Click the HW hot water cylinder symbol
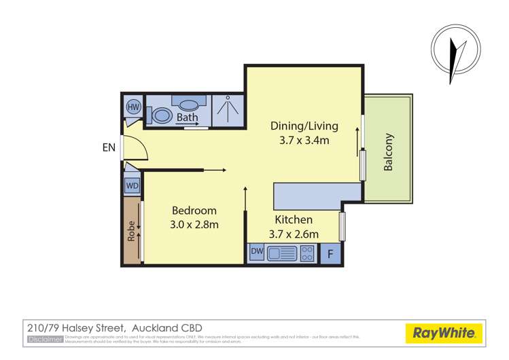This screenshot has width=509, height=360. [x=133, y=107]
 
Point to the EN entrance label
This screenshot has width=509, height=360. [x=109, y=147]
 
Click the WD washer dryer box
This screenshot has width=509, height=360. [x=133, y=185]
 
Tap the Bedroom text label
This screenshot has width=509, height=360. [x=194, y=211]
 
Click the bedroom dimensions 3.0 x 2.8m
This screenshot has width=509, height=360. [x=194, y=225]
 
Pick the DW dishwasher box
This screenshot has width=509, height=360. [x=257, y=253]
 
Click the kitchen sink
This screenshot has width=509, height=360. [x=282, y=253]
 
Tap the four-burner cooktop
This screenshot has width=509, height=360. [x=308, y=253]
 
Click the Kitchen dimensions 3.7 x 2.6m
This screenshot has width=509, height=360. [x=294, y=234]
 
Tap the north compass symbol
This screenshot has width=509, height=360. [x=452, y=54]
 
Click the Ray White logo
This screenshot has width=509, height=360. [x=444, y=333]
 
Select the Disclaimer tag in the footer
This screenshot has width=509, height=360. [x=45, y=338]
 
